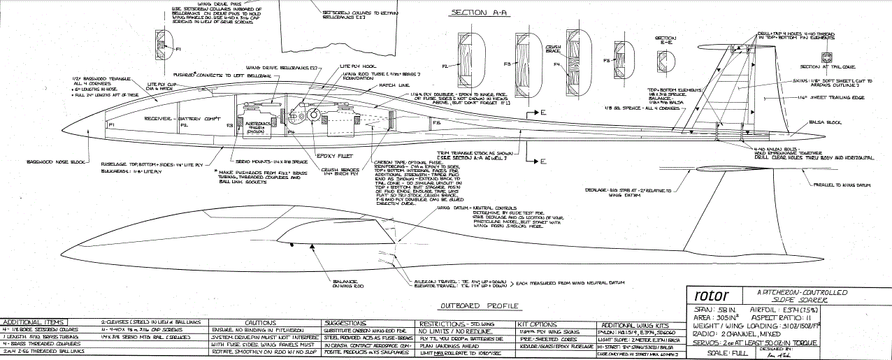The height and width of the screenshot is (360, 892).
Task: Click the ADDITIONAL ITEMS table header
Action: click(x=34, y=322)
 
